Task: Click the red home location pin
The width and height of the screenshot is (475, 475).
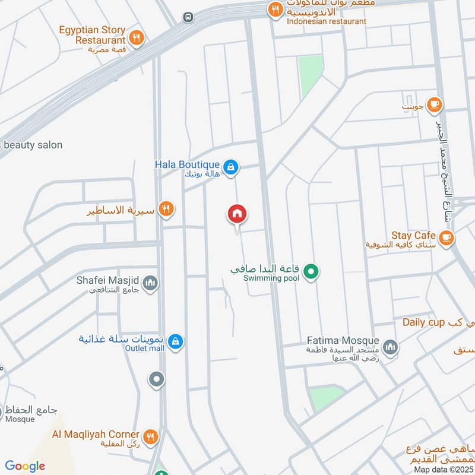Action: pyautogui.click(x=237, y=214)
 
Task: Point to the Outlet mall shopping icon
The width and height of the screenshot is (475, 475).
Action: pyautogui.click(x=175, y=341)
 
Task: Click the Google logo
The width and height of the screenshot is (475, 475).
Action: pyautogui.click(x=26, y=466)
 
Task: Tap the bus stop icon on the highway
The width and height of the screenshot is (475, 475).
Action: pyautogui.click(x=188, y=17)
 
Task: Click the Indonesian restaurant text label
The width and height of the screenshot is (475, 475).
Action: pyautogui.click(x=326, y=21)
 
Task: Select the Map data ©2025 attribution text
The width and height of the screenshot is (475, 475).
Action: pyautogui.click(x=442, y=469)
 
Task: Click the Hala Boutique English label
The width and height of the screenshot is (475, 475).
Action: pyautogui.click(x=187, y=164)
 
